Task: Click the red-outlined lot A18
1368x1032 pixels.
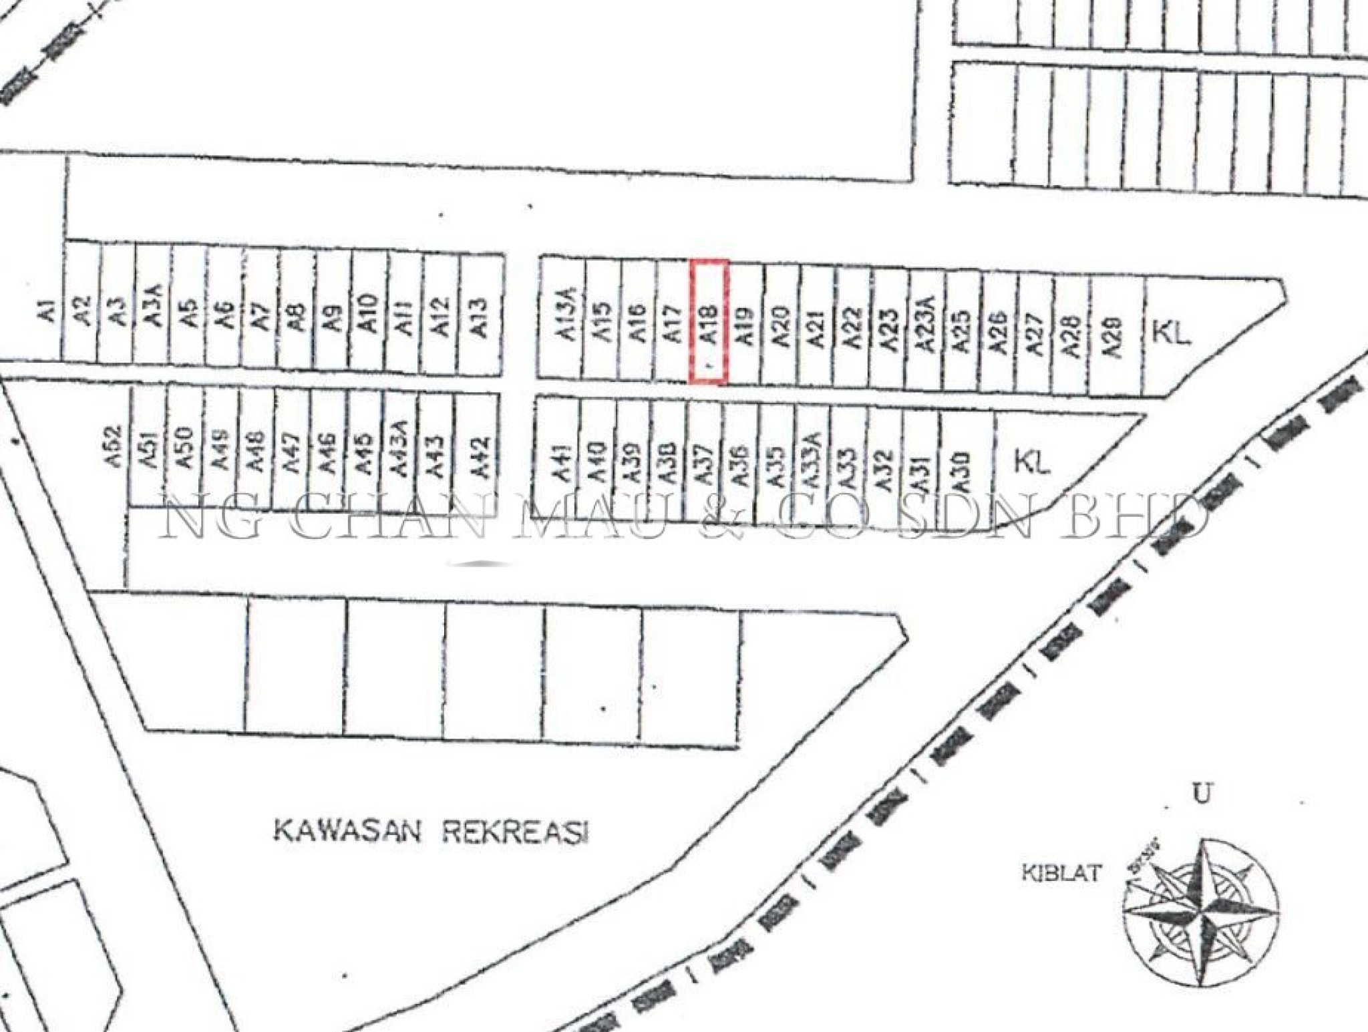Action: point(709,323)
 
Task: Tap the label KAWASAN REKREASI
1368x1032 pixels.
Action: point(431,832)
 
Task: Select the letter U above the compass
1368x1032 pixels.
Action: point(1202,795)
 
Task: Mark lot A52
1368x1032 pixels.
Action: point(116,446)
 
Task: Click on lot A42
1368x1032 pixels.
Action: point(480,458)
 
